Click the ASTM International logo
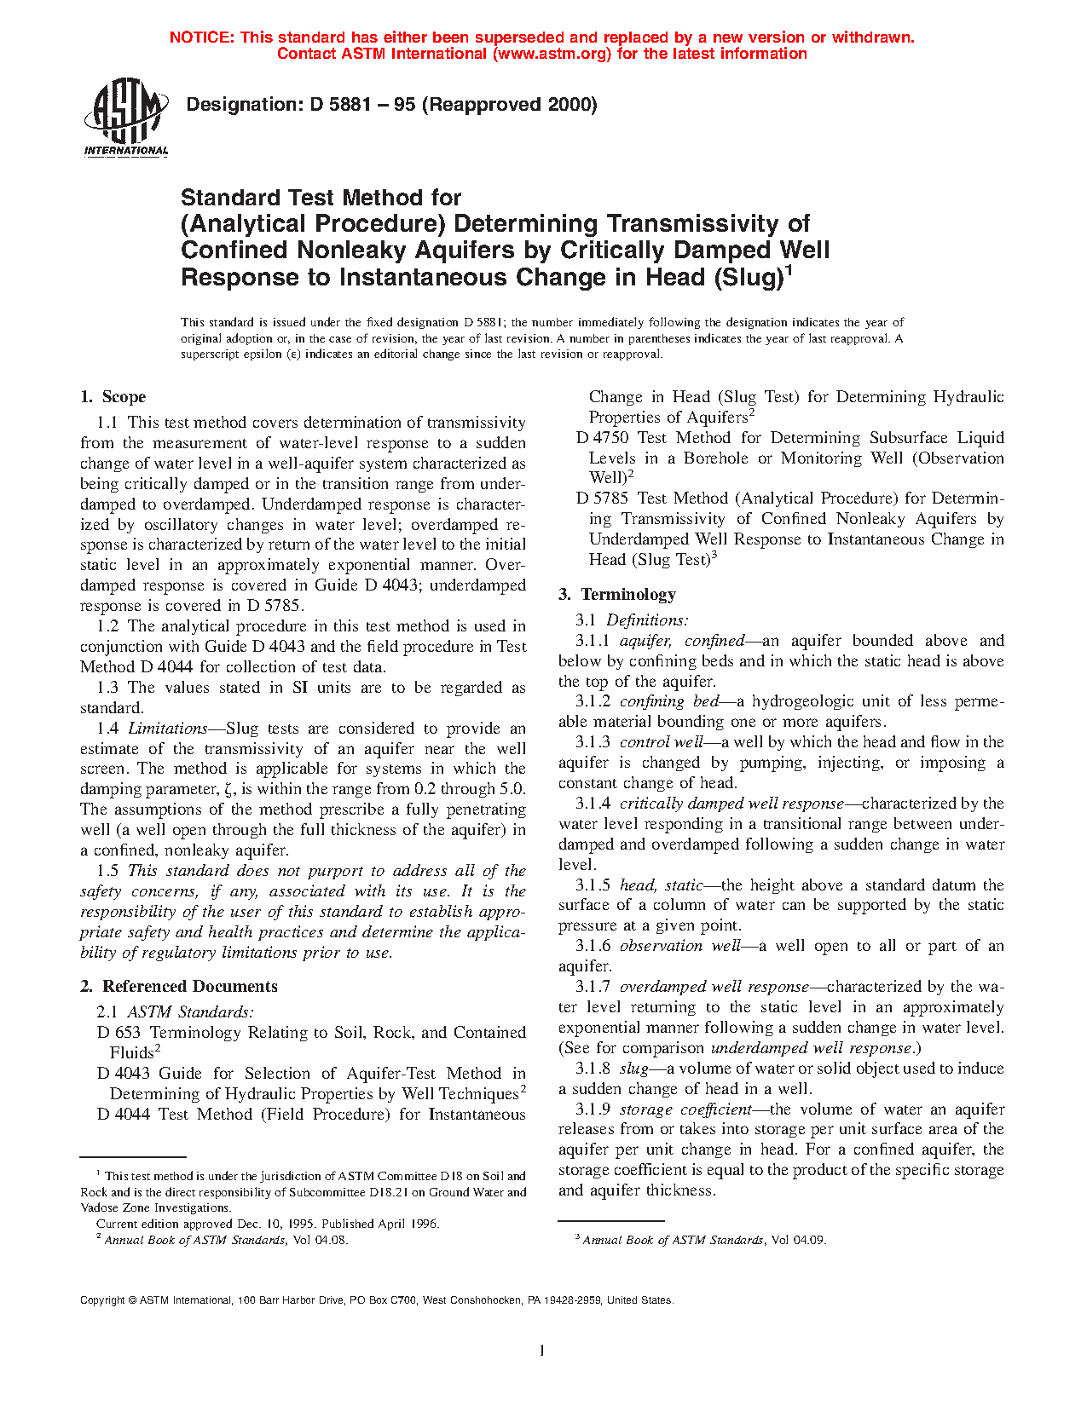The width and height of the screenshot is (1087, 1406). pyautogui.click(x=126, y=118)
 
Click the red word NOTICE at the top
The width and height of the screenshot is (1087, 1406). pyautogui.click(x=201, y=37)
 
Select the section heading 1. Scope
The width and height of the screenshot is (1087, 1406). pyautogui.click(x=113, y=397)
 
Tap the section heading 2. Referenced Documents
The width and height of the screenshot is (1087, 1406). pyautogui.click(x=179, y=987)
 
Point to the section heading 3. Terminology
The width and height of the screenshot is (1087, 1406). pyautogui.click(x=617, y=595)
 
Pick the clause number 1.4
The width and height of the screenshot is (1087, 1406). pyautogui.click(x=107, y=729)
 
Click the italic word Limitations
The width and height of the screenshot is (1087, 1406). pyautogui.click(x=167, y=729)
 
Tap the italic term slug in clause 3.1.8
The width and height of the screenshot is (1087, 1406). pyautogui.click(x=633, y=1069)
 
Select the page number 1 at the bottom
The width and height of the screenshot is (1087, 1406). pyautogui.click(x=542, y=1350)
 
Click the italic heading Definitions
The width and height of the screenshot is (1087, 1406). pyautogui.click(x=647, y=620)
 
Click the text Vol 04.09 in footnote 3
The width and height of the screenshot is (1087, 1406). pyautogui.click(x=798, y=1240)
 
